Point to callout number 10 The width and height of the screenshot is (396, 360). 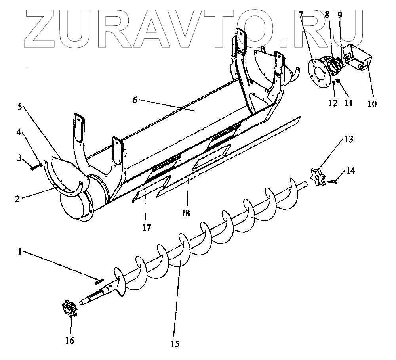coord(372,104)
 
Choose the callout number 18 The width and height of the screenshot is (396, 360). coord(185,213)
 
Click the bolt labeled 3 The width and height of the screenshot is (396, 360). coord(33,168)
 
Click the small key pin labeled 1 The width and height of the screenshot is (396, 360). coord(99,282)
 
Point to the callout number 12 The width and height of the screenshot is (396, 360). coord(332,103)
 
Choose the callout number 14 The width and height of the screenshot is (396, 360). coord(351,171)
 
